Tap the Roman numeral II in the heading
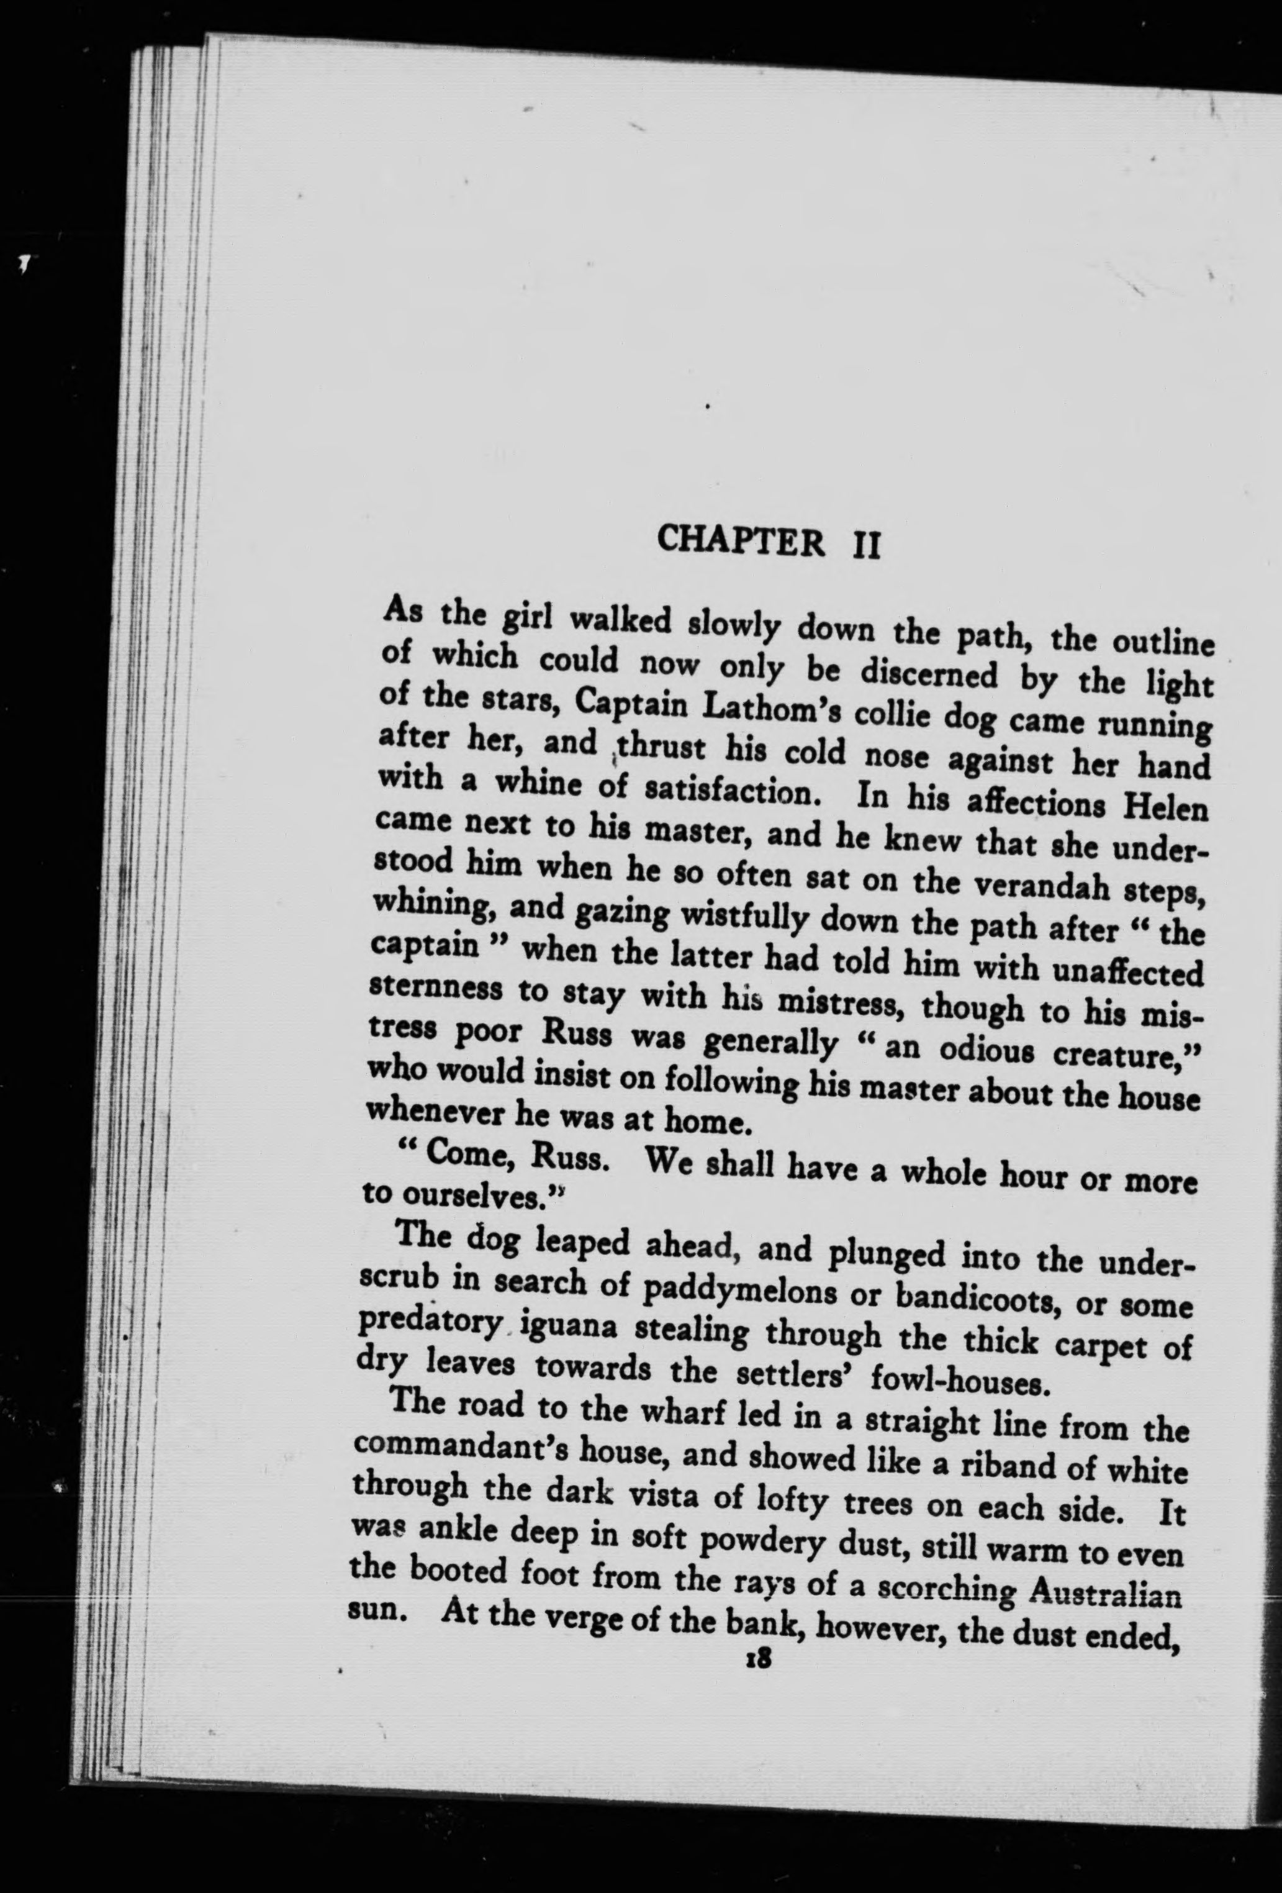(x=862, y=544)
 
